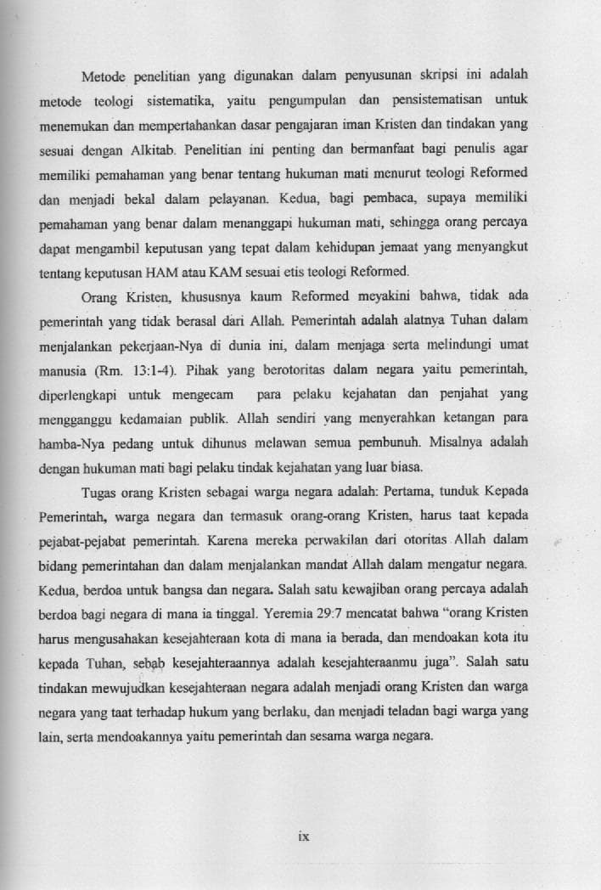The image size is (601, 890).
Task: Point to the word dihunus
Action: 200,443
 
